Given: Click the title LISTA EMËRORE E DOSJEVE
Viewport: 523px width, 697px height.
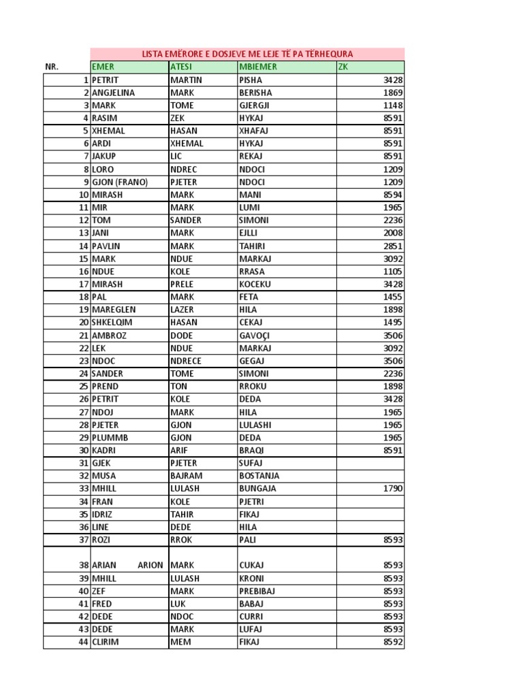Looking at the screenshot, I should [x=247, y=54].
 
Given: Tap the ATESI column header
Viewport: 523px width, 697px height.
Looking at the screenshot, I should [x=181, y=67].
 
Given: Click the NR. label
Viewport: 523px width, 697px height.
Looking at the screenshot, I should [x=52, y=67].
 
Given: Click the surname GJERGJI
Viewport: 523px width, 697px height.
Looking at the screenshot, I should [x=255, y=106].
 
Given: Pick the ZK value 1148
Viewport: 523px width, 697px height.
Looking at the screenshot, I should [x=393, y=106].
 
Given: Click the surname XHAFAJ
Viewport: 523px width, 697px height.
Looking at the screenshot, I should [x=254, y=131].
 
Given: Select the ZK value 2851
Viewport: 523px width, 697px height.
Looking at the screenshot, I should [x=393, y=246].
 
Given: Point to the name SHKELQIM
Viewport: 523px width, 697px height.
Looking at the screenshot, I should [x=114, y=323].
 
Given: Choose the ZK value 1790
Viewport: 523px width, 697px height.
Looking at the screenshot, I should [x=393, y=488].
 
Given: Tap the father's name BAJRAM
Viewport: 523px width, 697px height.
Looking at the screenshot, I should [x=186, y=476].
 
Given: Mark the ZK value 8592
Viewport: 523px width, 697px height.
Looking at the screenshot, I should [x=393, y=642].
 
